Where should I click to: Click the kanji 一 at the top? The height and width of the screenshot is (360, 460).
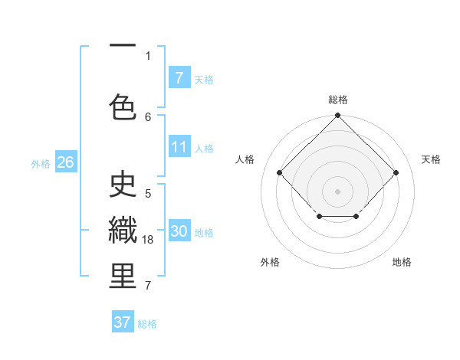coord(123,47)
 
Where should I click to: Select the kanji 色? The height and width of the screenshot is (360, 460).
coord(123,106)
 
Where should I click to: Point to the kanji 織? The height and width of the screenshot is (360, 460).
coord(123,230)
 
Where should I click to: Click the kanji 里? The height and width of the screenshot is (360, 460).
coord(123,277)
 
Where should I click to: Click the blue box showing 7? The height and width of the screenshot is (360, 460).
coord(179,77)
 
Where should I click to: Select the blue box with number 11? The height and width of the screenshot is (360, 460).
coord(179,147)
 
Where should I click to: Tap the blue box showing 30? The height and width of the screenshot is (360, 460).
coord(179,231)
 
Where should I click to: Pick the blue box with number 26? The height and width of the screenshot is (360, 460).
coord(65,162)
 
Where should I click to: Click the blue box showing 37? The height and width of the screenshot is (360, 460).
coord(123,322)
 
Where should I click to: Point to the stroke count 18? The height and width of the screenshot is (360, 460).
coord(149,240)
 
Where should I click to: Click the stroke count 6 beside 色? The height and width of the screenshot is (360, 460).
coord(148,116)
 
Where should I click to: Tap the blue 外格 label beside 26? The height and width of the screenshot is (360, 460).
coord(41,163)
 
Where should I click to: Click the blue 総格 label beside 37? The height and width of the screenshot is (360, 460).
coord(147,324)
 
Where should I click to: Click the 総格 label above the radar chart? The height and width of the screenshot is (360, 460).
coord(337,100)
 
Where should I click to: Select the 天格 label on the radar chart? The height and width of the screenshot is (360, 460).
coord(431,159)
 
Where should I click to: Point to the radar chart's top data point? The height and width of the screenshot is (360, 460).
coord(337,116)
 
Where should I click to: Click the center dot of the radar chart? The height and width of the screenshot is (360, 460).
coord(337,191)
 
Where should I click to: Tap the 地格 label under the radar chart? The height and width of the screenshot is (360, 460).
coord(402,262)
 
